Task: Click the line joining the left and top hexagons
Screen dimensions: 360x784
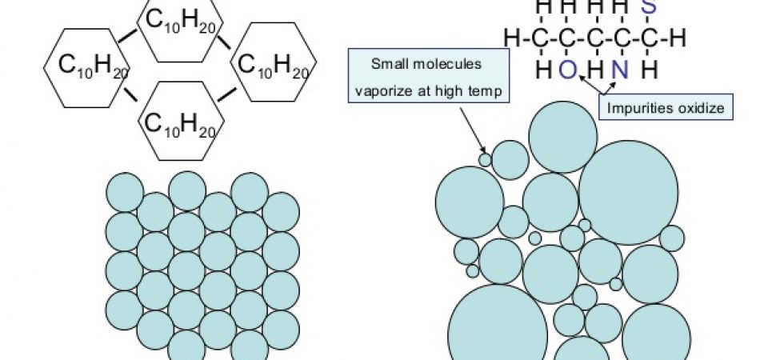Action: pos(126,35)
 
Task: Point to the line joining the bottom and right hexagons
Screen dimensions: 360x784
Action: pos(228,96)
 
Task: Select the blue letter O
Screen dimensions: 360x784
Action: pos(566,70)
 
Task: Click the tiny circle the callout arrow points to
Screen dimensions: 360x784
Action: pos(486,159)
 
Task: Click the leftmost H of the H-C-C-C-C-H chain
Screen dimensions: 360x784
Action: pos(511,38)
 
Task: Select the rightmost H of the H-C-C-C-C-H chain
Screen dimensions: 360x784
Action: pos(678,38)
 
